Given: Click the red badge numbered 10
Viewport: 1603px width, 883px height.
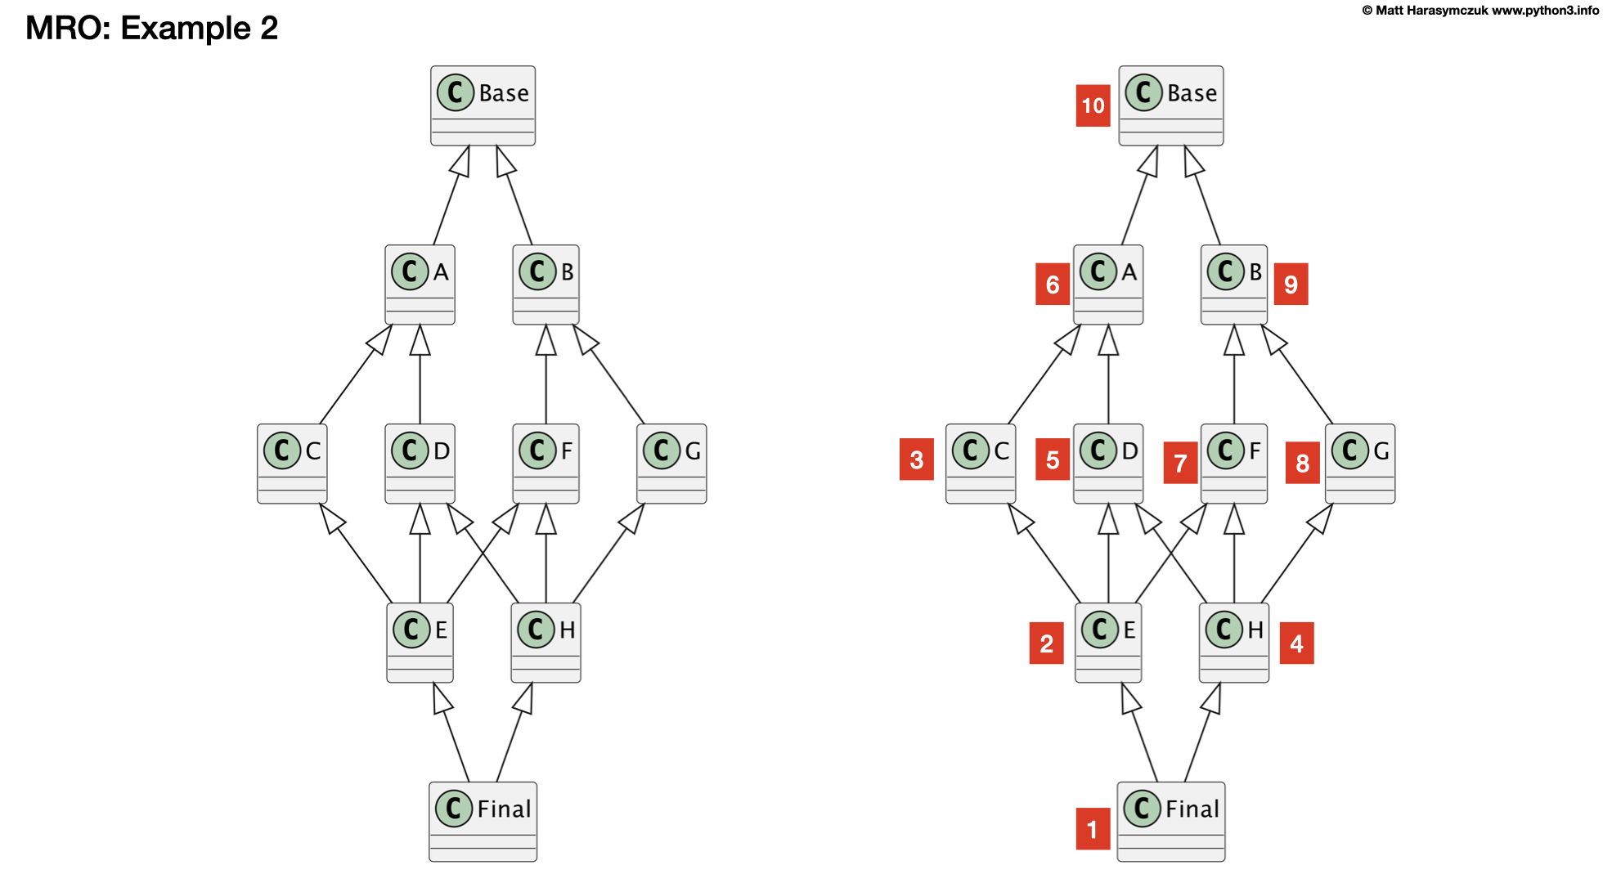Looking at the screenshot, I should [x=1093, y=105].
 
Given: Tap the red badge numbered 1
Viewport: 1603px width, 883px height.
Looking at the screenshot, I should [x=1093, y=829].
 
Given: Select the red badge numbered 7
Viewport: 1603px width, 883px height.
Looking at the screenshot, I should [x=1180, y=463].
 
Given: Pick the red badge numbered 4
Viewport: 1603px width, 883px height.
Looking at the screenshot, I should [x=1296, y=643].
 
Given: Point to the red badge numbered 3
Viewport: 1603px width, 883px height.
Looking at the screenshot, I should [x=916, y=459].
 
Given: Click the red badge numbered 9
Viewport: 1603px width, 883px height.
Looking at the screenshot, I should [x=1291, y=284].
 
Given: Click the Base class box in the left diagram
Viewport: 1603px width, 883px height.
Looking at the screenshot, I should [x=483, y=105].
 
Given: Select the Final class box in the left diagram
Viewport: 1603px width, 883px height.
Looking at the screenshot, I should [x=483, y=821].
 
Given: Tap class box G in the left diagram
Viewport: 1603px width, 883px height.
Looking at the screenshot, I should [x=671, y=464].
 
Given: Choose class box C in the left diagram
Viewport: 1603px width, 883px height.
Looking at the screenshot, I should [x=292, y=464].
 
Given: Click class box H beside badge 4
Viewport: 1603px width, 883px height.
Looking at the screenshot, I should [x=1234, y=643].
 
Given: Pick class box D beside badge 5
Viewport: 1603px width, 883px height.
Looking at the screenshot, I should [x=1107, y=464].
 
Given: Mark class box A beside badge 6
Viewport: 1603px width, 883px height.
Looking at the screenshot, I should [x=1107, y=285].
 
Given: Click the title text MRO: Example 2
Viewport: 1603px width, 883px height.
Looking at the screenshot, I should [x=152, y=28].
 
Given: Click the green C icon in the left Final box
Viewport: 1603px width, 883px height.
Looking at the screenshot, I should [x=454, y=809].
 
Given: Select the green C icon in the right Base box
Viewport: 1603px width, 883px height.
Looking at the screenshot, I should [x=1143, y=92].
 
